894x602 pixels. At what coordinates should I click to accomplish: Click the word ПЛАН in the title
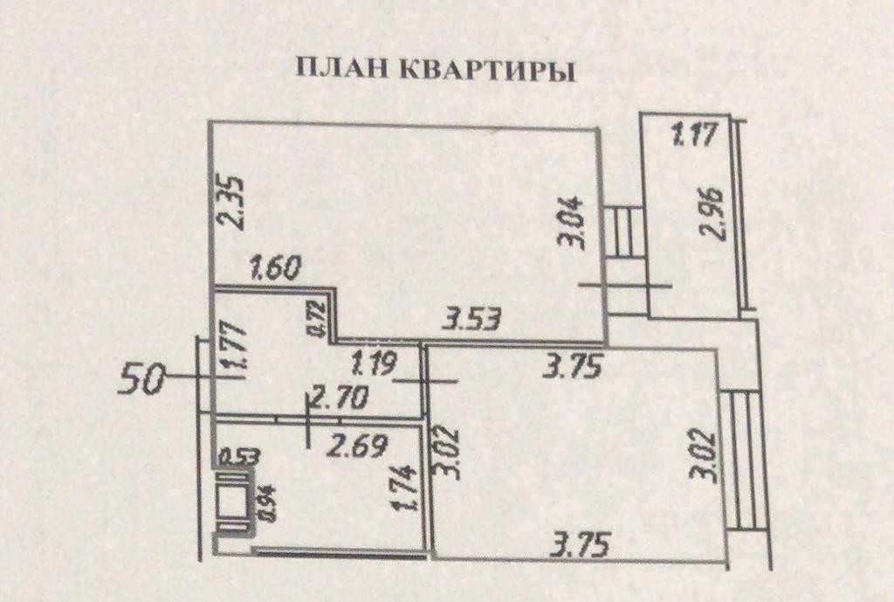pyautogui.click(x=343, y=70)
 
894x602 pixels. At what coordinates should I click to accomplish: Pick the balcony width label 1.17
pyautogui.click(x=693, y=135)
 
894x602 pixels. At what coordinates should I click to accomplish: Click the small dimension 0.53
pyautogui.click(x=231, y=455)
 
